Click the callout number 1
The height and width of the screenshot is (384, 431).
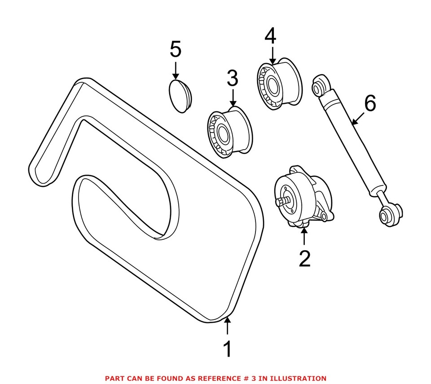(228, 349)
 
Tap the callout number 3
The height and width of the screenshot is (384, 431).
(232, 79)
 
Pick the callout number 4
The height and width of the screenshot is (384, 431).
(270, 37)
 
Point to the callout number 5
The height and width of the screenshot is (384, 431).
(176, 49)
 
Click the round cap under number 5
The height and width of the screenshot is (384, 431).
(180, 96)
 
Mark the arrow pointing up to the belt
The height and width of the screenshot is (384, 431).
(228, 326)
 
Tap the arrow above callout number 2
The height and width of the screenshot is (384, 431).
(304, 237)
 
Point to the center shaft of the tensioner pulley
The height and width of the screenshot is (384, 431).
(281, 202)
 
